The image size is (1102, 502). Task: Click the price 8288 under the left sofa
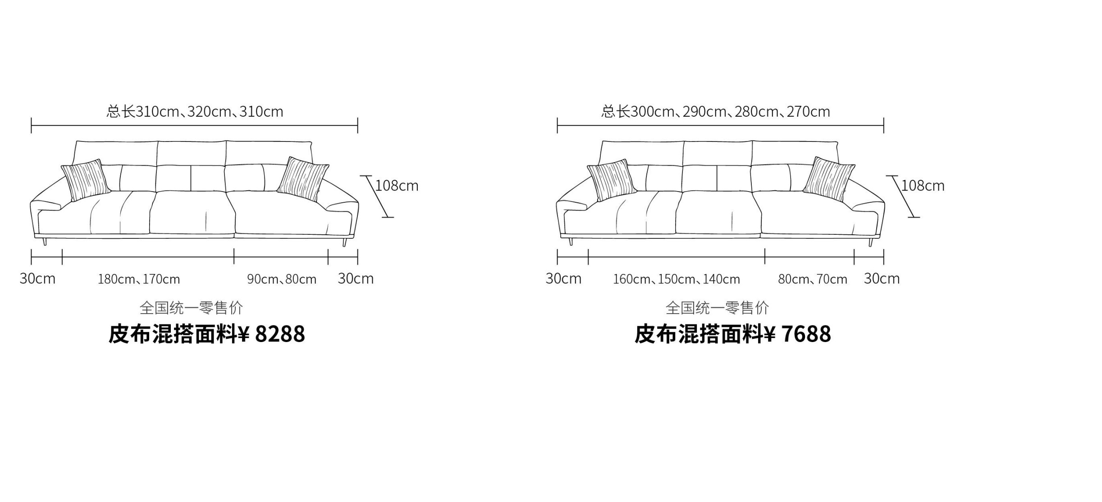tap(280, 334)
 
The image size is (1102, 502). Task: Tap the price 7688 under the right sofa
tap(806, 334)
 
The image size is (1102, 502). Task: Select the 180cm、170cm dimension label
tap(139, 279)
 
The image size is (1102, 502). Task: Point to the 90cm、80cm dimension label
tap(282, 279)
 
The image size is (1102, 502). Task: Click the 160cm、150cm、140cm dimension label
tap(677, 279)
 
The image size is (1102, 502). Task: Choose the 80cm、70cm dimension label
tap(813, 279)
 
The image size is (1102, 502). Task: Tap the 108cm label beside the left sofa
tap(397, 186)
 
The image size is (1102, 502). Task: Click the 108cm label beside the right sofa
tap(923, 186)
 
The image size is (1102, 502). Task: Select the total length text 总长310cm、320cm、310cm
tap(195, 111)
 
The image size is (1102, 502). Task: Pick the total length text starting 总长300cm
tap(716, 111)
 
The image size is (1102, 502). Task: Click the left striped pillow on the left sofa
tap(86, 180)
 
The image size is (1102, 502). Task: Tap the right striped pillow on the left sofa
tap(303, 179)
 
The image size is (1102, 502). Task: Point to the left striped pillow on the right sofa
tap(612, 180)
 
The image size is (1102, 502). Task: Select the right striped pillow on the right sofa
tap(829, 179)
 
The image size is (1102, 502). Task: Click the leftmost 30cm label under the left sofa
tap(37, 278)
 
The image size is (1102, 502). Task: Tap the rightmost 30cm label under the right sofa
tap(882, 278)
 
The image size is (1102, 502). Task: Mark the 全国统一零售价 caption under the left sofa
tap(192, 308)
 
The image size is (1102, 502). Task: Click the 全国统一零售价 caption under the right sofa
tap(718, 308)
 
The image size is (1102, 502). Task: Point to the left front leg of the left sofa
tap(45, 242)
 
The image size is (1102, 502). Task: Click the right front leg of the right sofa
tap(871, 242)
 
